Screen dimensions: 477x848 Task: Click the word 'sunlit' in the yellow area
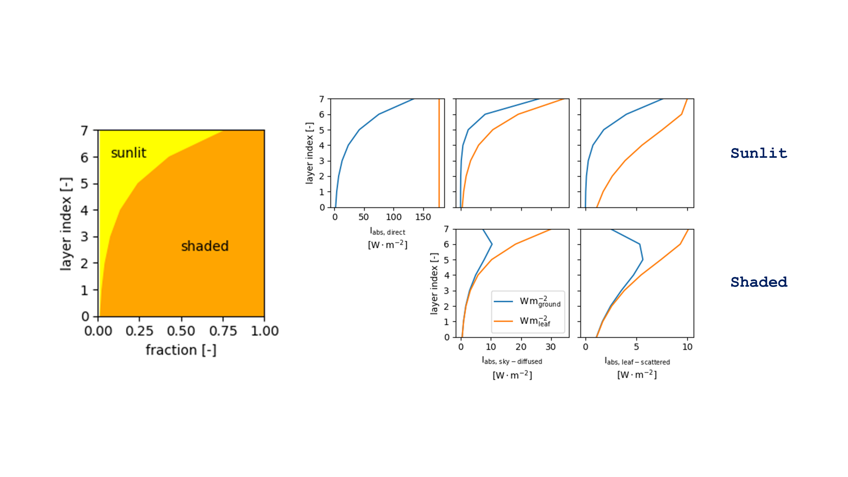point(128,153)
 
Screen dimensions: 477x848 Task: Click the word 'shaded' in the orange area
point(205,246)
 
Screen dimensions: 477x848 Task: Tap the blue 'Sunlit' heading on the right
point(758,153)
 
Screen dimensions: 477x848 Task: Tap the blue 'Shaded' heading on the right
point(758,282)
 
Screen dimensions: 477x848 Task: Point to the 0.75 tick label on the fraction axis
point(223,331)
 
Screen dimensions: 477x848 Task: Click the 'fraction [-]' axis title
point(181,350)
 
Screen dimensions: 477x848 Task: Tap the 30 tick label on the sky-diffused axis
point(551,347)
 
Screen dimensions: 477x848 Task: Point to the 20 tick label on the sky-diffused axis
point(521,347)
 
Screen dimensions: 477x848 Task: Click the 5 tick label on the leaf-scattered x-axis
point(636,347)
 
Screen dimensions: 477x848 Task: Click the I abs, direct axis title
point(387,232)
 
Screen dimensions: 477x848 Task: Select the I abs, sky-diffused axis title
point(512,361)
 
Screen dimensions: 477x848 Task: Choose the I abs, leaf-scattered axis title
point(637,362)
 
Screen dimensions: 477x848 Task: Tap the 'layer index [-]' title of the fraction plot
point(66,224)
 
